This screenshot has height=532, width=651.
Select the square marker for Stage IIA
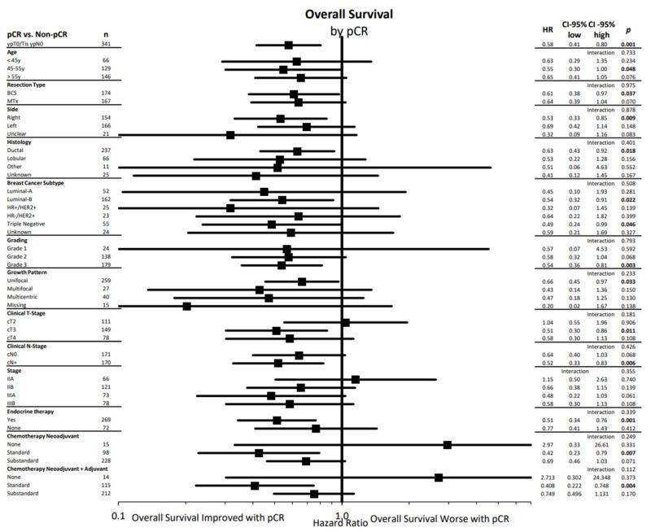pyautogui.click(x=355, y=379)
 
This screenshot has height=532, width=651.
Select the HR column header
pyautogui.click(x=548, y=30)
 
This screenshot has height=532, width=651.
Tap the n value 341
pyautogui.click(x=105, y=44)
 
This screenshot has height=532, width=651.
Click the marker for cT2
pyautogui.click(x=345, y=322)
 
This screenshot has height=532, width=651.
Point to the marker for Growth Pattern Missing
pyautogui.click(x=187, y=306)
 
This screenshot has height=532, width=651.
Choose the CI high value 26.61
pyautogui.click(x=601, y=445)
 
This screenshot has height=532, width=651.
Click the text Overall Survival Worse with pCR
pyautogui.click(x=439, y=517)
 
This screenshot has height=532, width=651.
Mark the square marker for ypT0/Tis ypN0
pyautogui.click(x=289, y=45)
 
